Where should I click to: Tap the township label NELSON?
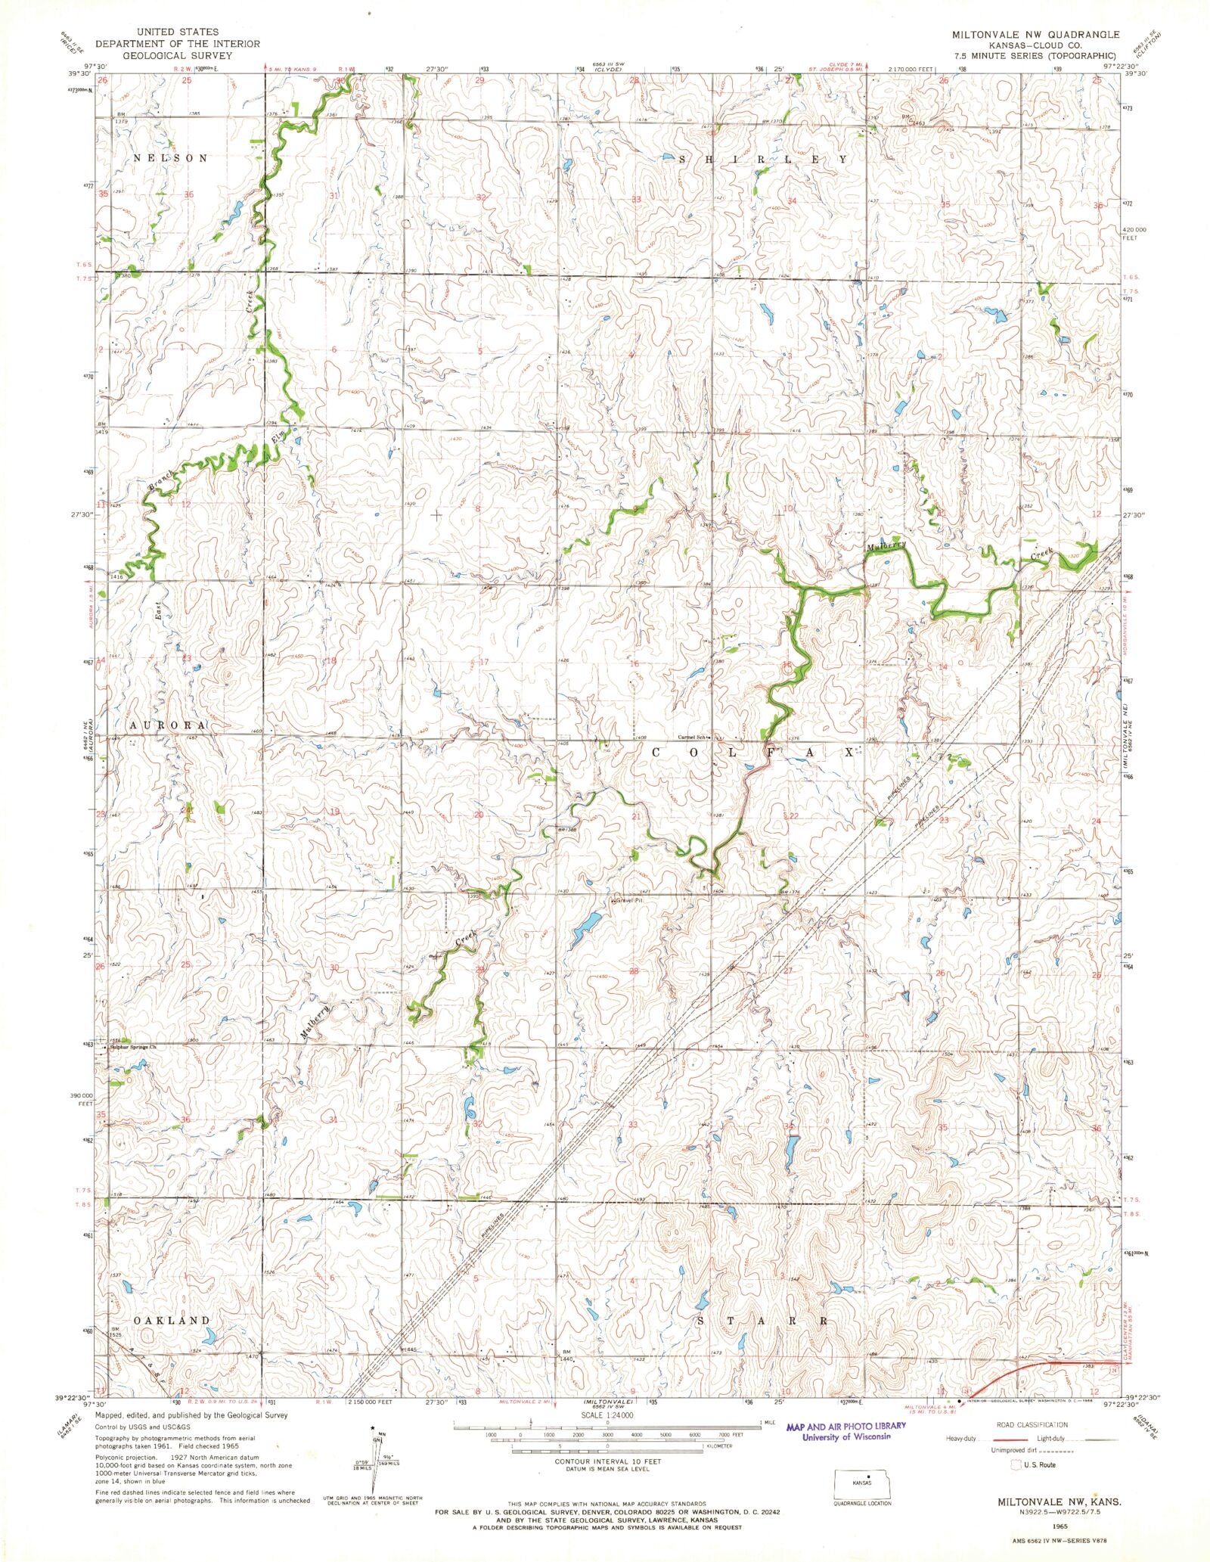click(x=170, y=158)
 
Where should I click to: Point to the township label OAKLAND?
click(x=172, y=1320)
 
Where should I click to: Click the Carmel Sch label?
click(x=693, y=738)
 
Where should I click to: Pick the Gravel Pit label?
click(x=628, y=901)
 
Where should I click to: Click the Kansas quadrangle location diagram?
click(x=861, y=1484)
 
